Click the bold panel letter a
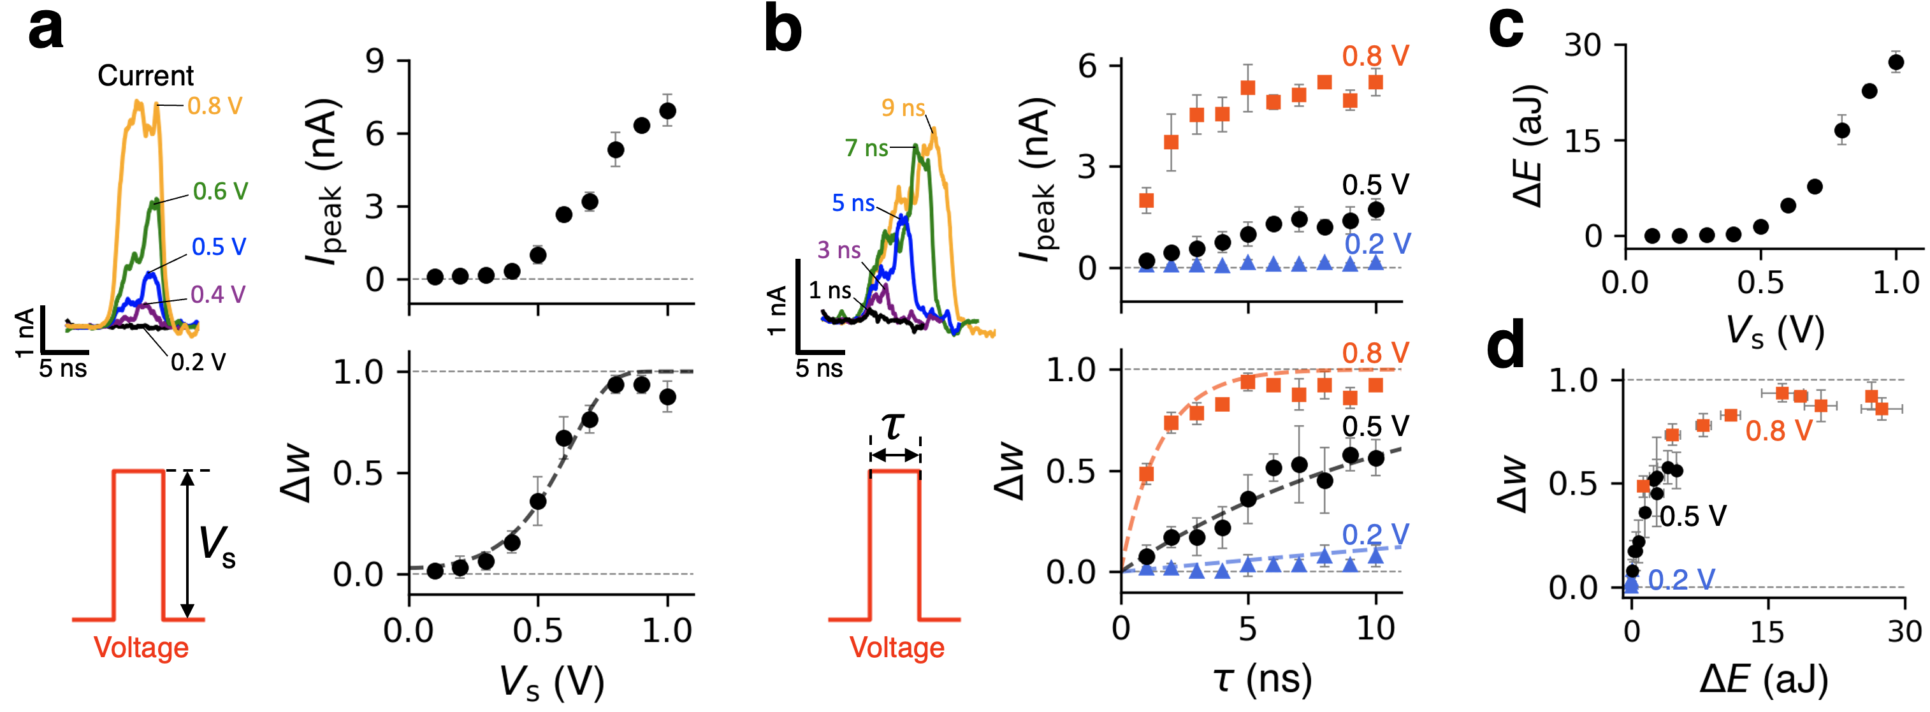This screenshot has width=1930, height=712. coord(45,31)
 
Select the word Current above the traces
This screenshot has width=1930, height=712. coord(145,76)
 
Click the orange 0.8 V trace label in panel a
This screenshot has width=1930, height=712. coord(215,106)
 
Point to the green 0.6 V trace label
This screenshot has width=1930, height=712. coord(221,191)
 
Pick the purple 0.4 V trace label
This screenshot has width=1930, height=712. coord(218,294)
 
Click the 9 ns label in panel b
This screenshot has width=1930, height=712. coord(903,108)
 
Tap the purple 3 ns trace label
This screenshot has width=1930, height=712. coord(838,250)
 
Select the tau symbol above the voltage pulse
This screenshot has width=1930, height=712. coord(893,426)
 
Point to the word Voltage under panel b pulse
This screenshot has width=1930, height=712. coord(897,648)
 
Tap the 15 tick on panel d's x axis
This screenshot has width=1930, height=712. coord(1768,631)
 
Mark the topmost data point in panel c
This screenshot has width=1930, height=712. coord(1896,62)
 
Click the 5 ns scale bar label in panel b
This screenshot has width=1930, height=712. coord(819,368)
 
